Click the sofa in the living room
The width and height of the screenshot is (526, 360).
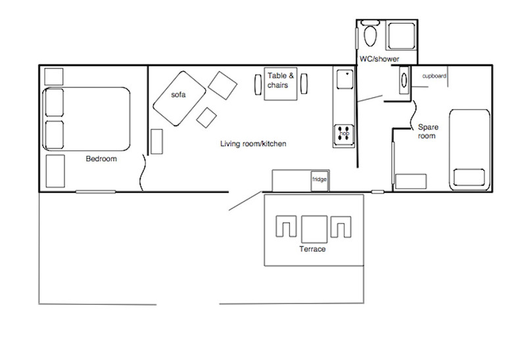179,99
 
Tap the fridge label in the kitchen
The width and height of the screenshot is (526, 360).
320,179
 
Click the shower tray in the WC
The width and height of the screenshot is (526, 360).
401,36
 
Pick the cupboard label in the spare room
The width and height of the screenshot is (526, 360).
434,76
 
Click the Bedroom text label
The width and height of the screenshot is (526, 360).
101,158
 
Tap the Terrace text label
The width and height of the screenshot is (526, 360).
312,249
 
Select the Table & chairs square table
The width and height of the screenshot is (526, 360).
281,84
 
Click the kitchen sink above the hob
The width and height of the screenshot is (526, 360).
345,79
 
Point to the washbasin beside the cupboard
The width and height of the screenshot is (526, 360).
404,79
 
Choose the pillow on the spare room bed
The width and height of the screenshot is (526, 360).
469,177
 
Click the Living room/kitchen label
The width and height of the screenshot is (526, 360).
253,144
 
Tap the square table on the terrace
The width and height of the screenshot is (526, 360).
314,229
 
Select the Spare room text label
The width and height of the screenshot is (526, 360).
428,131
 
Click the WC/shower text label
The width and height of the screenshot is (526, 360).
379,59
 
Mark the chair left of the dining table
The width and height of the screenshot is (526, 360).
258,85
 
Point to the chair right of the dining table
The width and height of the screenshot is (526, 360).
304,83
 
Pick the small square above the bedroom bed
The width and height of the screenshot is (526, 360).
54,77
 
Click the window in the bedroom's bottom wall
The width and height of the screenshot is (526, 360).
95,192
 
